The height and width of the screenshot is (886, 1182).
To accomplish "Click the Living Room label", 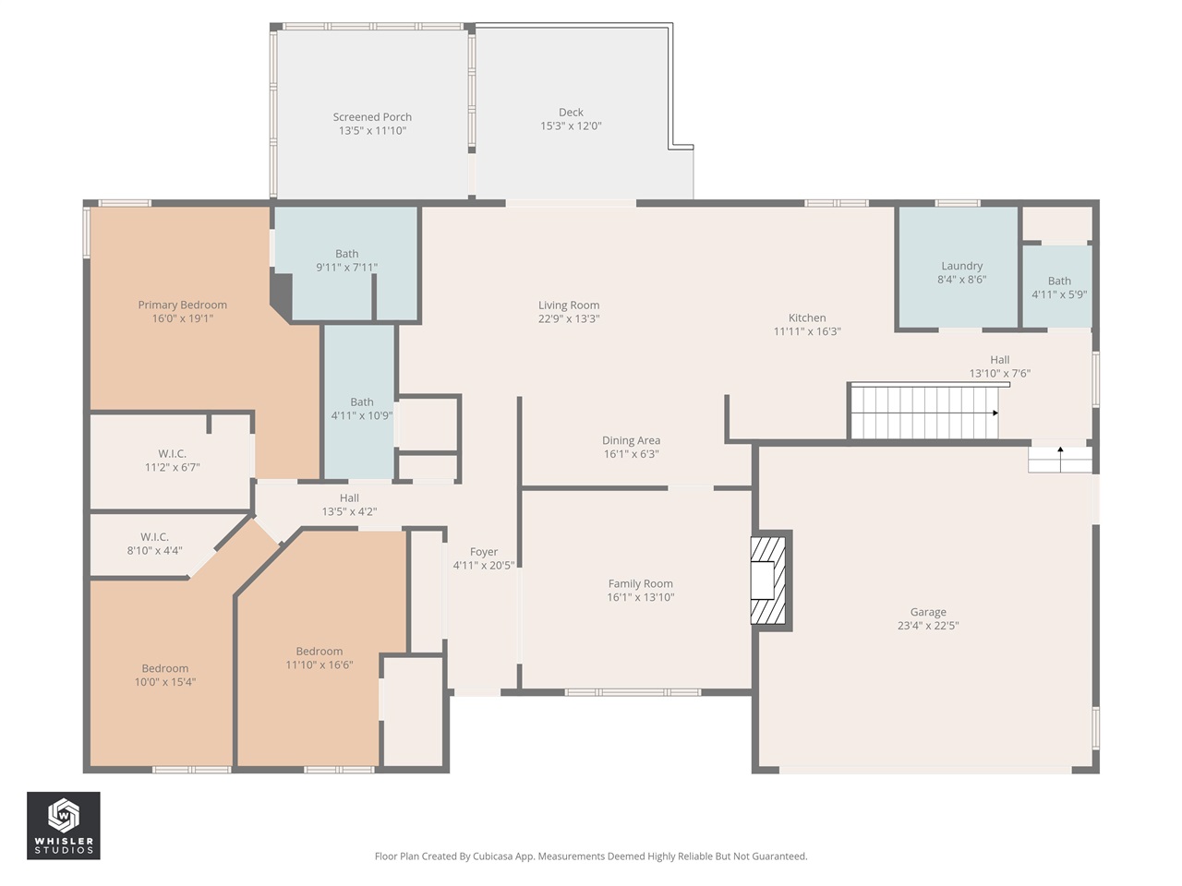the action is pyautogui.click(x=569, y=305).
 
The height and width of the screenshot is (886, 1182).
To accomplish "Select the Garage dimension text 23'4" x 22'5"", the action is pyautogui.click(x=928, y=625).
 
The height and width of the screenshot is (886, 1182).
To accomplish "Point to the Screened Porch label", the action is pyautogui.click(x=372, y=116).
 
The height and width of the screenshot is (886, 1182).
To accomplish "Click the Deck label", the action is pyautogui.click(x=571, y=112).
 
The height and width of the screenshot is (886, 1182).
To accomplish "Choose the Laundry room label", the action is pyautogui.click(x=961, y=266).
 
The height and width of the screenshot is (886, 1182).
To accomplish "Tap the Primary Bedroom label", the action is pyautogui.click(x=183, y=305).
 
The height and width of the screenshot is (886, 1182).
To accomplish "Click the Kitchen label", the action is pyautogui.click(x=807, y=317).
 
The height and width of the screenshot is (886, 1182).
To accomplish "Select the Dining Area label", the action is pyautogui.click(x=631, y=440).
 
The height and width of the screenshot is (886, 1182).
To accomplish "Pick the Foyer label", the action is pyautogui.click(x=484, y=552).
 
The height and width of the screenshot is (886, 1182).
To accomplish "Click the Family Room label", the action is pyautogui.click(x=640, y=583).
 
